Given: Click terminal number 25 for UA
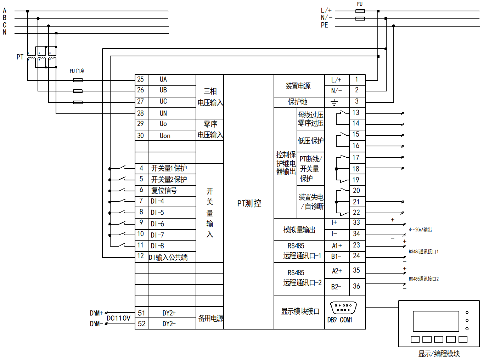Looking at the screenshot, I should (x=141, y=79).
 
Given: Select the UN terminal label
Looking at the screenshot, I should (x=163, y=113).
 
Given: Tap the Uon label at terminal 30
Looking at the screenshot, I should (x=165, y=136).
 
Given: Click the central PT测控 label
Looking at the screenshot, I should (x=249, y=203).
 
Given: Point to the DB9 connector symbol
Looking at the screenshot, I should (x=343, y=308).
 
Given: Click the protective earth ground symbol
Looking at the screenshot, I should (x=334, y=103).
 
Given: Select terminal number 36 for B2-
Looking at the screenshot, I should (x=356, y=286).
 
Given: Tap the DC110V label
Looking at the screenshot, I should (x=118, y=318).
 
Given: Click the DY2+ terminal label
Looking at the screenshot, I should (x=169, y=313).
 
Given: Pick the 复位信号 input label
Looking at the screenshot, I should (x=164, y=191).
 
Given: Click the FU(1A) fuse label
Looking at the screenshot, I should (x=77, y=71).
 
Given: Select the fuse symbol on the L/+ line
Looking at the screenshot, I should (x=360, y=11).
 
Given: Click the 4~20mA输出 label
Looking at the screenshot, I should (x=420, y=230).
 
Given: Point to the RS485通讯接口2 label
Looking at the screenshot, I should (x=423, y=279).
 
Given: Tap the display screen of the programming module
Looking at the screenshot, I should (x=436, y=321).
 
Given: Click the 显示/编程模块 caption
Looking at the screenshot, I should (x=439, y=354).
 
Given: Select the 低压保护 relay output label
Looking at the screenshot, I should (x=310, y=141).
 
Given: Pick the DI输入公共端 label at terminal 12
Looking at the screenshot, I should (x=168, y=258).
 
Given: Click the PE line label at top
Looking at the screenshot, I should (x=325, y=25).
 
